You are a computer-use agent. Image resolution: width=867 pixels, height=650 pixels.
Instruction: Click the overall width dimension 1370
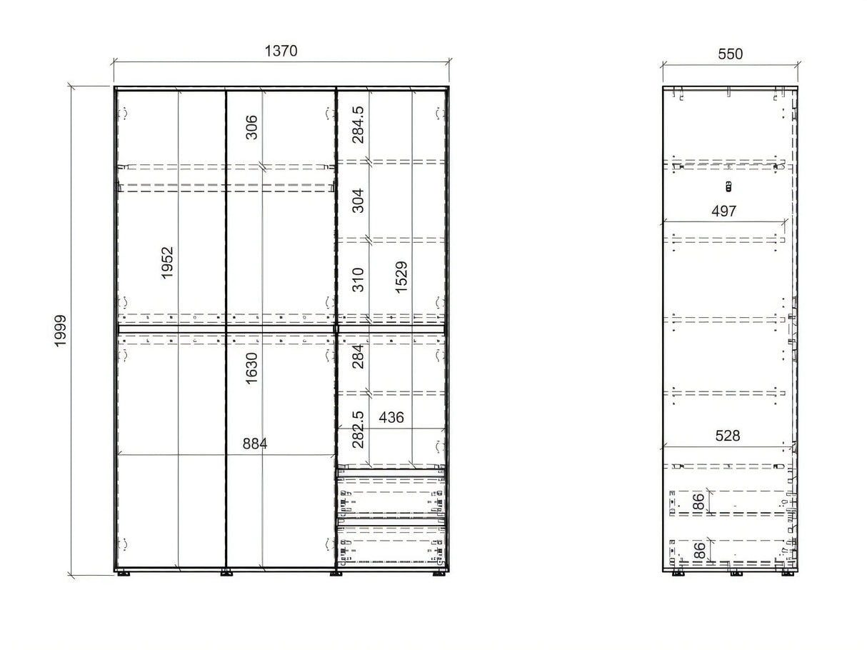coord(281,51)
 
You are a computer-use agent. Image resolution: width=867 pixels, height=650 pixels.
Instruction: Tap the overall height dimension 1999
coord(61,331)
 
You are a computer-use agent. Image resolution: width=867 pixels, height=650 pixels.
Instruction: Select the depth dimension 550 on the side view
coord(730,54)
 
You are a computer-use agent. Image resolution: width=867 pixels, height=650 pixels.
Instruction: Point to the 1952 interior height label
coord(167,263)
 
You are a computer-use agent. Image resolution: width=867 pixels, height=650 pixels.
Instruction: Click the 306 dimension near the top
coord(251,127)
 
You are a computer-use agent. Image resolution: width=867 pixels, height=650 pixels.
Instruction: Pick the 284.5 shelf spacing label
coord(358,125)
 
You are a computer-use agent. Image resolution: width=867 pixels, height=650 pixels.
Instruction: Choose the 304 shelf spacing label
coord(358,201)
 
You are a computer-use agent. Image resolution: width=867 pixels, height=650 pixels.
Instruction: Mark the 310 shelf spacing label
coord(358,279)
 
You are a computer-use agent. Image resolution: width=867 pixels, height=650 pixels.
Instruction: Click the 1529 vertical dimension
coord(401,277)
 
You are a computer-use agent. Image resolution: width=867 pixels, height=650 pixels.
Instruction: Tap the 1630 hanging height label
coord(251,368)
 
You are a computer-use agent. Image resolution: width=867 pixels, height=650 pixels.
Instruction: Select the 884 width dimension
coord(255,444)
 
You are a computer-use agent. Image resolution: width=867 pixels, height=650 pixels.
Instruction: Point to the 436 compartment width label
coord(391,417)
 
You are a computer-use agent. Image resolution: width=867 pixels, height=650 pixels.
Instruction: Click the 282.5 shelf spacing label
coord(358,430)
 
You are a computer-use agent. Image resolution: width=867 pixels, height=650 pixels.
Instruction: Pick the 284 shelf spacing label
coord(358,356)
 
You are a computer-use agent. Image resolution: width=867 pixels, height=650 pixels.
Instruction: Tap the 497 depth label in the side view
coord(723,211)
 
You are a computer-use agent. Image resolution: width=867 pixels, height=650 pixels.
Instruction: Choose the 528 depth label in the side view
coord(728,436)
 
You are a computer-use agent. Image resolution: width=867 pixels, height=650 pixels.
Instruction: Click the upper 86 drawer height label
coord(698,502)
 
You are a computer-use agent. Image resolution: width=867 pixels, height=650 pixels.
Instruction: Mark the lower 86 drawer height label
coord(698,550)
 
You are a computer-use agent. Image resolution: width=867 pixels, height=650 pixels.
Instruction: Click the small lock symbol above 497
coord(728,186)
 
